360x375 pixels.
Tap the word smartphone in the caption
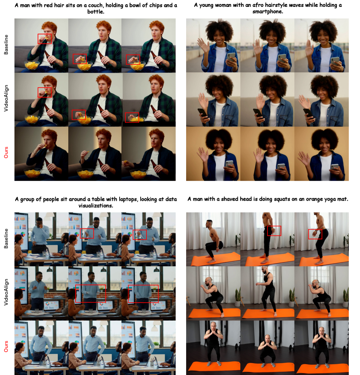[267, 12]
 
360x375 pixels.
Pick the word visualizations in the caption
[96, 206]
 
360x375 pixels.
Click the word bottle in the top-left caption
[95, 12]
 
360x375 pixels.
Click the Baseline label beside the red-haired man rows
[6, 45]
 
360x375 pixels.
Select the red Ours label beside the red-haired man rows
[6, 153]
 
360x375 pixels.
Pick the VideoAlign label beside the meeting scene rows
[6, 292]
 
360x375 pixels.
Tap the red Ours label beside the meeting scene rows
[6, 346]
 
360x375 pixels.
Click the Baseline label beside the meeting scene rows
[6, 238]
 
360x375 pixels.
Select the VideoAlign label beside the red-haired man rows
[6, 98]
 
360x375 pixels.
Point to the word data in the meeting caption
[171, 199]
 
